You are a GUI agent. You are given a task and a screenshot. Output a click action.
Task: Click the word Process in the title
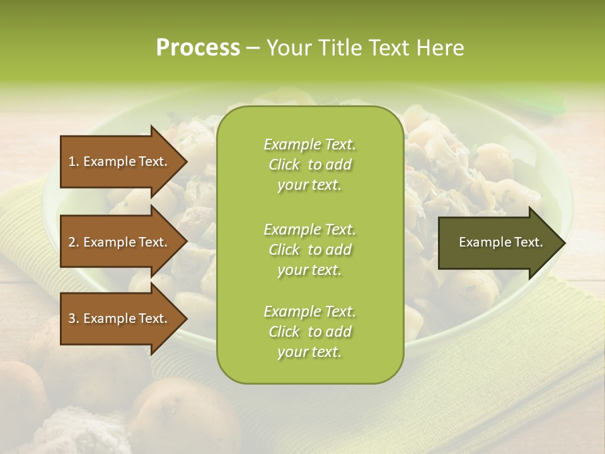tap(198, 48)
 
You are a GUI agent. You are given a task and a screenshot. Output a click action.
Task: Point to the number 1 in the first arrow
tap(72, 161)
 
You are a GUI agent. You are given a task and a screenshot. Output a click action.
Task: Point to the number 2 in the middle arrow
tap(72, 242)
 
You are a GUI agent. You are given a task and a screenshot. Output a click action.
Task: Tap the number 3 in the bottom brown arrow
tap(72, 318)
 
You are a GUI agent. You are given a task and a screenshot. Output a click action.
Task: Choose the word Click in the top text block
tap(284, 165)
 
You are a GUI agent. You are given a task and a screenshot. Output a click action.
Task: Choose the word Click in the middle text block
tap(284, 250)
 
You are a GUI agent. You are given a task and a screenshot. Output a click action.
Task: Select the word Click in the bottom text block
tap(284, 332)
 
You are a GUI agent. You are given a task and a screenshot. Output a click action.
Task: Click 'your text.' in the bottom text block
tap(309, 352)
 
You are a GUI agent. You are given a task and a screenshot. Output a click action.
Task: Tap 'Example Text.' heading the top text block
tap(309, 144)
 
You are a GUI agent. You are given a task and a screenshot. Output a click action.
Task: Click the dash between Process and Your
tap(253, 49)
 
